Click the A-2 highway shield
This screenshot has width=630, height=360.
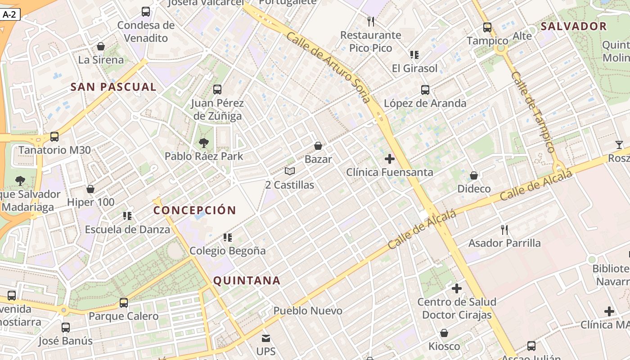click(9, 14)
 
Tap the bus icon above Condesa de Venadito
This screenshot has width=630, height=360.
click(146, 12)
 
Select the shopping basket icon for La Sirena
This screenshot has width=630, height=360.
click(101, 46)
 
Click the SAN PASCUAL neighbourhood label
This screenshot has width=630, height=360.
click(113, 87)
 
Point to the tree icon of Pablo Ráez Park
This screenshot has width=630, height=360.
click(204, 143)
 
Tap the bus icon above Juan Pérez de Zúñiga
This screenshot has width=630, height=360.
click(217, 89)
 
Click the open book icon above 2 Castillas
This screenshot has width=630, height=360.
click(290, 171)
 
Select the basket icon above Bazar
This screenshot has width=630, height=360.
click(318, 146)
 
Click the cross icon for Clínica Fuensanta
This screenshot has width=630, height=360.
click(390, 159)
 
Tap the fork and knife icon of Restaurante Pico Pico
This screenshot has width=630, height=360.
click(371, 21)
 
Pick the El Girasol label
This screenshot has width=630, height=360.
click(414, 68)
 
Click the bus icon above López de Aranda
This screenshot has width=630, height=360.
click(425, 90)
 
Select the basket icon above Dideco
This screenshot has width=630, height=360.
click(474, 175)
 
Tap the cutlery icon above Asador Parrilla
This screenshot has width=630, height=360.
click(504, 230)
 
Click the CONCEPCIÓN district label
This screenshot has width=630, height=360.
click(195, 210)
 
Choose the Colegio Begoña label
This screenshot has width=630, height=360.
click(228, 251)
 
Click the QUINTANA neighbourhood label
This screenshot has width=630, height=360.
click(247, 281)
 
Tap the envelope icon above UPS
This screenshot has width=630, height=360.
click(266, 338)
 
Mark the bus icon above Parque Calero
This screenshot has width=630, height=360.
click(124, 303)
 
